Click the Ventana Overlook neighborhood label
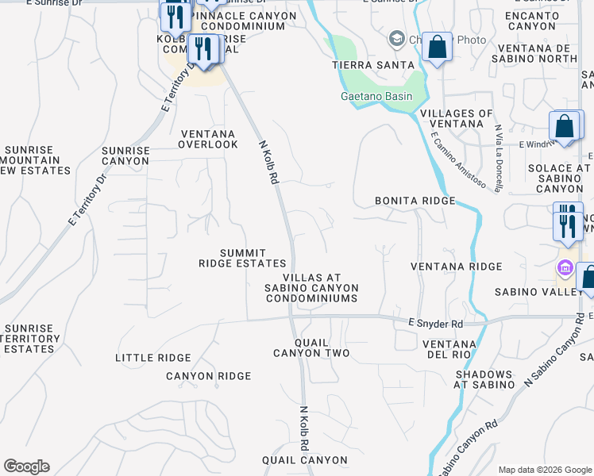click(208, 139)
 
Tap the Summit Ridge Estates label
click(241, 258)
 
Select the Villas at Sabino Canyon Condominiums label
click(311, 288)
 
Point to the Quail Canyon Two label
click(311, 347)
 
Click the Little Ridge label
click(153, 358)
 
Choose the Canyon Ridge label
click(208, 375)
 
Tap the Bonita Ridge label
click(415, 201)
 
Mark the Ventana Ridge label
click(457, 266)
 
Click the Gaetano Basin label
click(372, 96)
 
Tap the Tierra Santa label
click(373, 64)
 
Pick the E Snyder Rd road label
click(435, 324)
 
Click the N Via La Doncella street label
click(498, 158)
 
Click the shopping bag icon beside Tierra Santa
click(436, 47)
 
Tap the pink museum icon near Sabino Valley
click(565, 268)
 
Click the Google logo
click(26, 466)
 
